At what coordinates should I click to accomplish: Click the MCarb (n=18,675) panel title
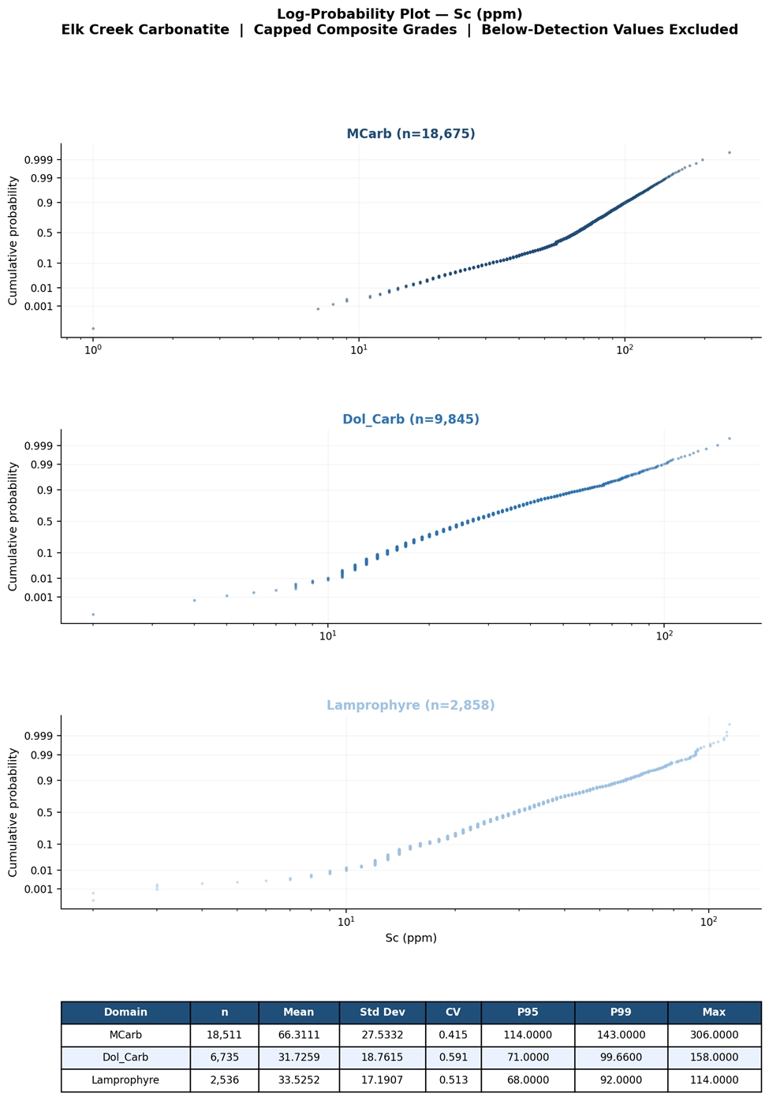(410, 133)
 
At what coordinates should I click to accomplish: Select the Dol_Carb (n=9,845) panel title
(410, 419)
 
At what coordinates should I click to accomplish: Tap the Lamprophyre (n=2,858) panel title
(410, 705)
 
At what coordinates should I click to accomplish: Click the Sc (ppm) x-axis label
(410, 938)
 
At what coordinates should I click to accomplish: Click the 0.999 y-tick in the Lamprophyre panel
(39, 736)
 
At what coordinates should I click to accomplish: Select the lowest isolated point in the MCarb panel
(93, 329)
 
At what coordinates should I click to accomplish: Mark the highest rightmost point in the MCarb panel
(730, 153)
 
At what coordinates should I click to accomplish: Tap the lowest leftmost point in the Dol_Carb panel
(93, 614)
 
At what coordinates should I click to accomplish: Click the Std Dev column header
(382, 1012)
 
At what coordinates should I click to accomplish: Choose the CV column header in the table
(453, 1012)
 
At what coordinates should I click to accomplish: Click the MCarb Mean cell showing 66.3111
(299, 1035)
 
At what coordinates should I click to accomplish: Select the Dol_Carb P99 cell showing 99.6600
(621, 1057)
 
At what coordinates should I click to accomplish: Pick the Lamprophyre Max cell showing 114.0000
(714, 1079)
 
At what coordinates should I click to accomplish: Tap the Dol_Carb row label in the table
(125, 1057)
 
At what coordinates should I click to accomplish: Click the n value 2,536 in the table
(225, 1079)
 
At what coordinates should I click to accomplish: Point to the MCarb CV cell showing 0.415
(453, 1035)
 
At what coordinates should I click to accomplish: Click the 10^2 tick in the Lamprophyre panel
(708, 921)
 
